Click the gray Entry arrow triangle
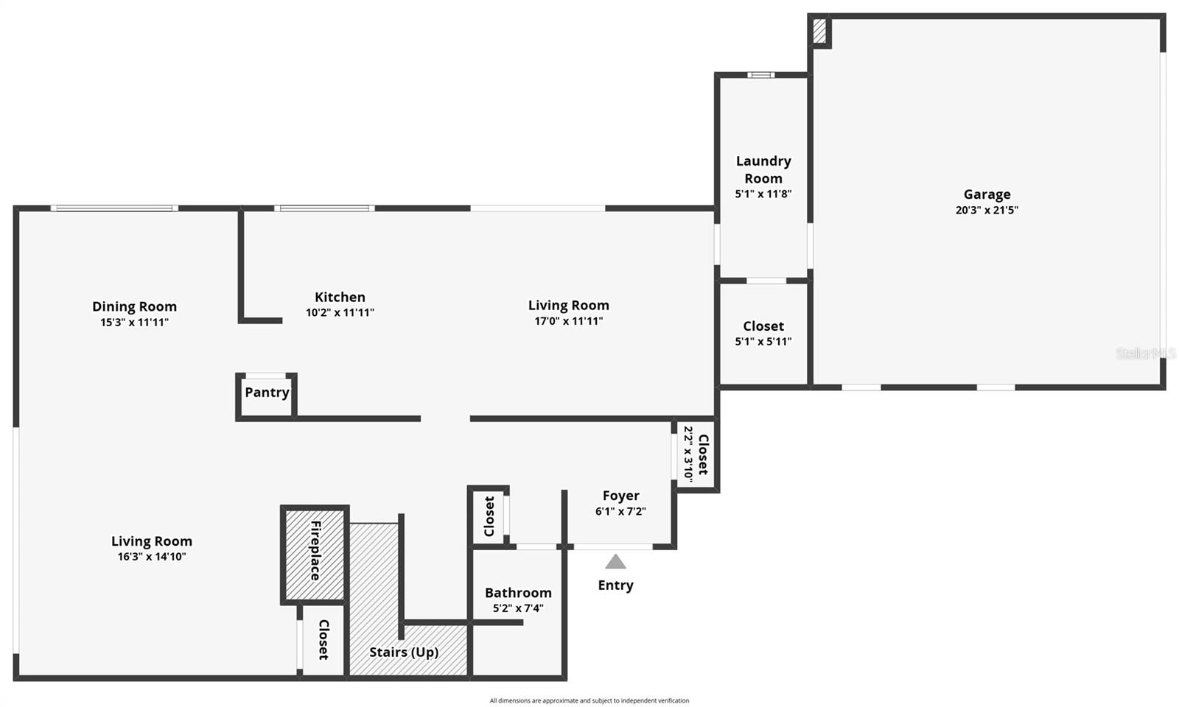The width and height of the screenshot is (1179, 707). click(615, 562)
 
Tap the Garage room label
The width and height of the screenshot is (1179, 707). click(987, 194)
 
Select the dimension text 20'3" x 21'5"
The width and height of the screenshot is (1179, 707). click(987, 210)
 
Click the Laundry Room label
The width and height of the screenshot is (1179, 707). click(763, 169)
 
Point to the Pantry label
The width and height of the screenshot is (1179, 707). click(267, 393)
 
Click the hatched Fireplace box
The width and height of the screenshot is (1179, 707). click(315, 553)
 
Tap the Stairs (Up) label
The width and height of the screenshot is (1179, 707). click(404, 652)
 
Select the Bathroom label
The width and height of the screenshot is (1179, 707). click(518, 593)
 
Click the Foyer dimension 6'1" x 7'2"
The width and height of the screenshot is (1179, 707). click(620, 511)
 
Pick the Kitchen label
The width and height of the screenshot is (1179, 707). click(340, 297)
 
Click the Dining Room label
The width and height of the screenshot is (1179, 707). click(134, 306)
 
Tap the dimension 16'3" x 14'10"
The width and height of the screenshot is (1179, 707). click(152, 557)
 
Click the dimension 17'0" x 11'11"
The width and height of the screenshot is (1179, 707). click(569, 321)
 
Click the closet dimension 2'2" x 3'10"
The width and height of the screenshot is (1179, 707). click(688, 454)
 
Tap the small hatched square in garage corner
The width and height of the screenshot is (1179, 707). click(819, 31)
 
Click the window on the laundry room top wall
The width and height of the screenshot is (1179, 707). click(760, 74)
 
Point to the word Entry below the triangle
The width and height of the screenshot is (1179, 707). click(615, 585)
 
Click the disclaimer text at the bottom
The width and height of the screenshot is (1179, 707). click(589, 700)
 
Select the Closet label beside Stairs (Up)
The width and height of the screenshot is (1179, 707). click(323, 639)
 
